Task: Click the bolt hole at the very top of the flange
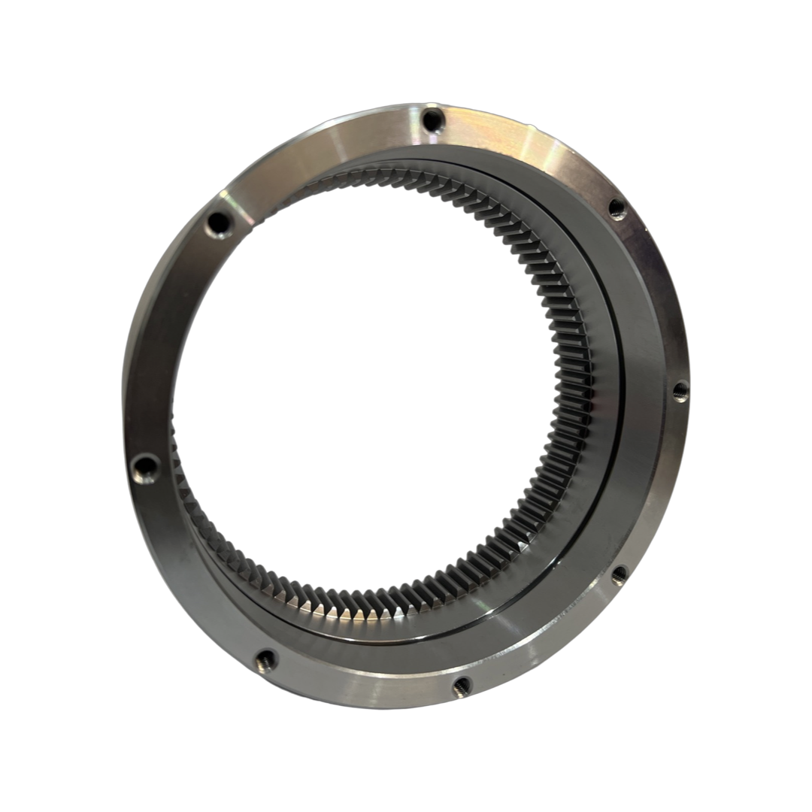pos(432,119)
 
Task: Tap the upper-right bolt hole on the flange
pos(617,209)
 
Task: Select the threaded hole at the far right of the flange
pos(680,390)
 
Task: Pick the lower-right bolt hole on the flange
pos(619,575)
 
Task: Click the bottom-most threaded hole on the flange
pos(462,685)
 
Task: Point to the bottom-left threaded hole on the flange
pos(265,661)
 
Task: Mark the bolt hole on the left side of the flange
pos(145,468)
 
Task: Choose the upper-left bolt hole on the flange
pos(219,222)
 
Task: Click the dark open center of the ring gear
pos(361,376)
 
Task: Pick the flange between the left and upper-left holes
pos(162,338)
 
